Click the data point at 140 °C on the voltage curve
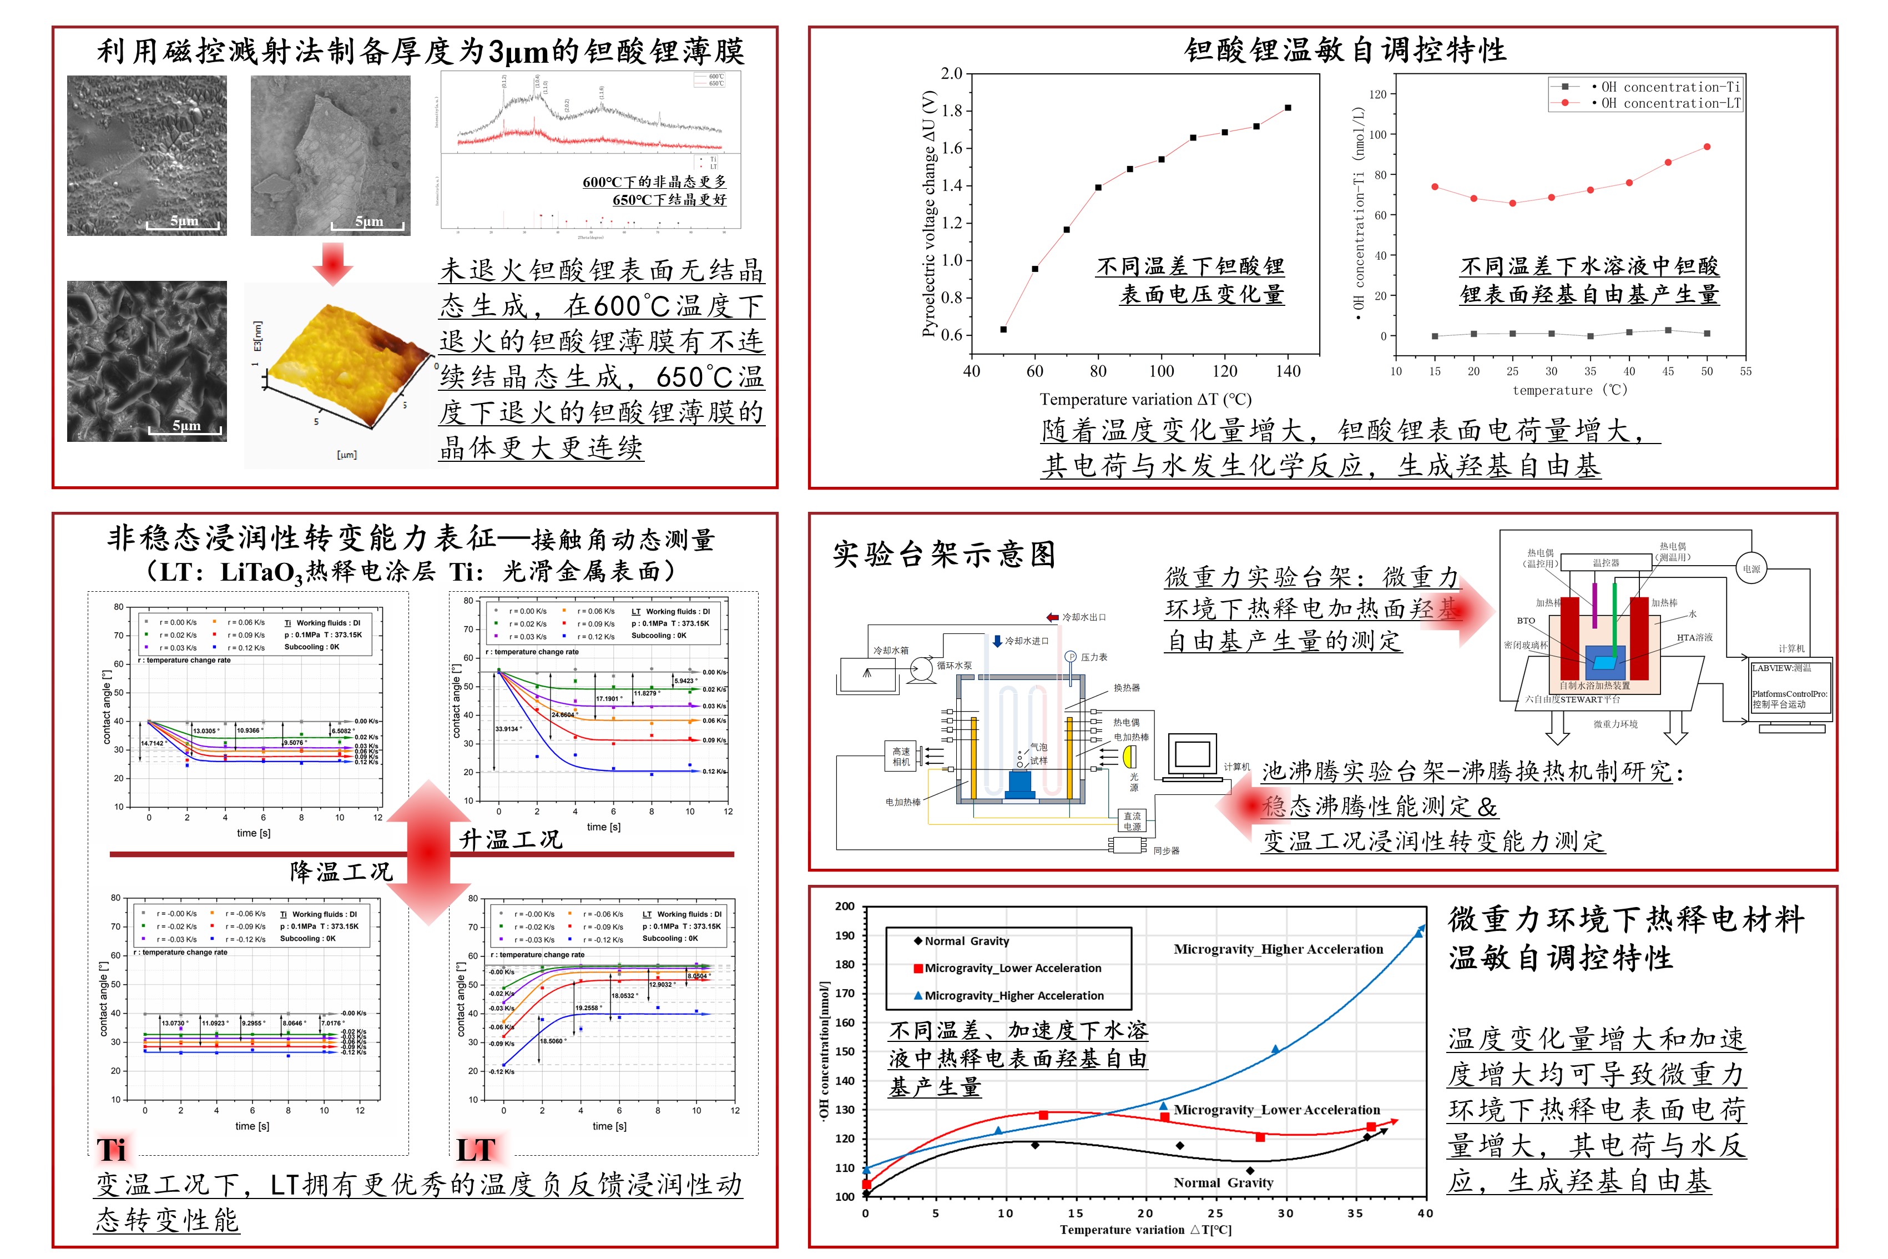pos(1288,108)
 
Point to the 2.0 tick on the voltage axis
pos(952,74)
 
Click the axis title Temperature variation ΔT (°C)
pos(1145,400)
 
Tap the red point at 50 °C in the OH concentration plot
pos(1707,147)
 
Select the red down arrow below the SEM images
pos(332,263)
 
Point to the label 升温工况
pos(511,840)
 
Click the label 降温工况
pos(341,872)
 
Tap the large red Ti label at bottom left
pos(112,1150)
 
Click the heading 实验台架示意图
pos(943,555)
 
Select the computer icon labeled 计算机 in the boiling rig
pos(1192,757)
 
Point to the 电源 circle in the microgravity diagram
pos(1751,568)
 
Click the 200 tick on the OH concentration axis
pos(845,907)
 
